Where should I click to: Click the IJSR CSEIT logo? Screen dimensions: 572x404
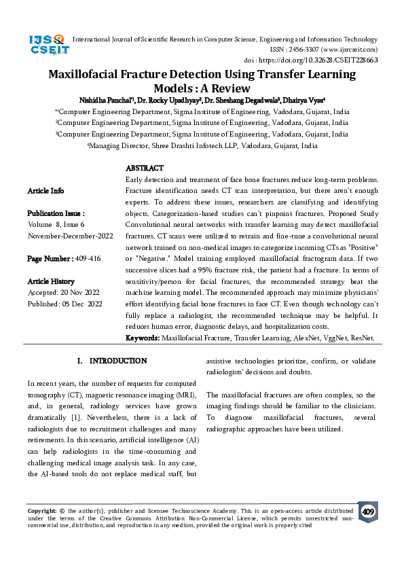[x=47, y=44]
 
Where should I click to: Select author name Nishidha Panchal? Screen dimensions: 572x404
[x=104, y=99]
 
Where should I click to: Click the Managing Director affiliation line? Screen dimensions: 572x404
[x=202, y=145]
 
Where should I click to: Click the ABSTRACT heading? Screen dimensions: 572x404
[x=144, y=168]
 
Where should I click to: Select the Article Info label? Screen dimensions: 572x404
[x=45, y=191]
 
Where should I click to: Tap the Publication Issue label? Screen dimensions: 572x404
[x=56, y=213]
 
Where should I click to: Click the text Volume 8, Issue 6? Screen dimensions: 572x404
[x=56, y=224]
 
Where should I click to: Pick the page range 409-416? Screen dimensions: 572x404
[x=88, y=259]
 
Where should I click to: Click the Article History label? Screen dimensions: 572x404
[x=52, y=281]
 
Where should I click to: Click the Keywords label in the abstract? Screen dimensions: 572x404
[x=143, y=338]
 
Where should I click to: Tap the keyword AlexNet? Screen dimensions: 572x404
[x=305, y=338]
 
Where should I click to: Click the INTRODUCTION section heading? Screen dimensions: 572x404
[x=118, y=361]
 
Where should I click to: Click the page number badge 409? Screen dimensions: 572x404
[x=367, y=511]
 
